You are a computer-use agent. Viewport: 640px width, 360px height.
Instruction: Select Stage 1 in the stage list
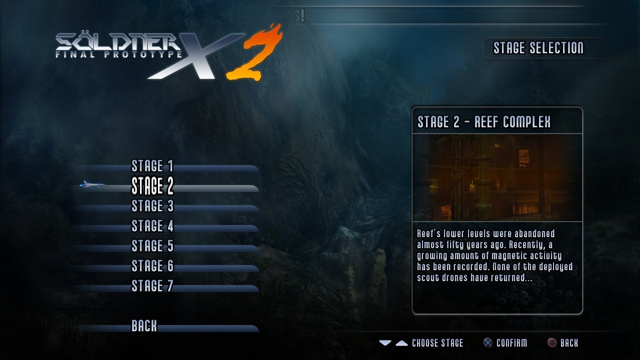pyautogui.click(x=152, y=165)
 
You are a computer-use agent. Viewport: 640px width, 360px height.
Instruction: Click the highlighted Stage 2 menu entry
pyautogui.click(x=152, y=185)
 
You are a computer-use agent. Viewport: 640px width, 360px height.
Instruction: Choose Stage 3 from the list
pyautogui.click(x=152, y=205)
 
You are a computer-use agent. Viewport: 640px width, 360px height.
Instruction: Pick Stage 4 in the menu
pyautogui.click(x=152, y=225)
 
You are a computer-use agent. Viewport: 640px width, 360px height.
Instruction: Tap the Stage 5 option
pyautogui.click(x=152, y=245)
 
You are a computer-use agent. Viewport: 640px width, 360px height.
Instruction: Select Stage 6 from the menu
pyautogui.click(x=152, y=265)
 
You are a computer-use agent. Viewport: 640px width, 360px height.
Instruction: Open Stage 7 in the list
pyautogui.click(x=152, y=285)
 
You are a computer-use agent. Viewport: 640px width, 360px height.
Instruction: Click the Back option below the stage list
pyautogui.click(x=144, y=325)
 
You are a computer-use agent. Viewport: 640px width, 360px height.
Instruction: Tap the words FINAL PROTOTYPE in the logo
pyautogui.click(x=118, y=54)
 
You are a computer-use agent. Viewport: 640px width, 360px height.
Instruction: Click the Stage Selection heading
pyautogui.click(x=538, y=47)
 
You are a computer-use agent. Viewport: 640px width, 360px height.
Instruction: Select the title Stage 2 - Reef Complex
pyautogui.click(x=484, y=121)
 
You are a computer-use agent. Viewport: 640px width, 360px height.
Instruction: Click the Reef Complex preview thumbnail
pyautogui.click(x=497, y=177)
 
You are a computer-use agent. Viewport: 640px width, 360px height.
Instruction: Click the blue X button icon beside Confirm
pyautogui.click(x=487, y=343)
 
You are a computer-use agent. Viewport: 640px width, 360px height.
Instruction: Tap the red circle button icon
pyautogui.click(x=551, y=343)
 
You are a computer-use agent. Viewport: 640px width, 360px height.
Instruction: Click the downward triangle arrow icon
pyautogui.click(x=385, y=343)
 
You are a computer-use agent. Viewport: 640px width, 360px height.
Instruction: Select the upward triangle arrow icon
pyautogui.click(x=401, y=343)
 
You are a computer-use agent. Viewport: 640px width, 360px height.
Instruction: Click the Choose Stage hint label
pyautogui.click(x=437, y=343)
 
